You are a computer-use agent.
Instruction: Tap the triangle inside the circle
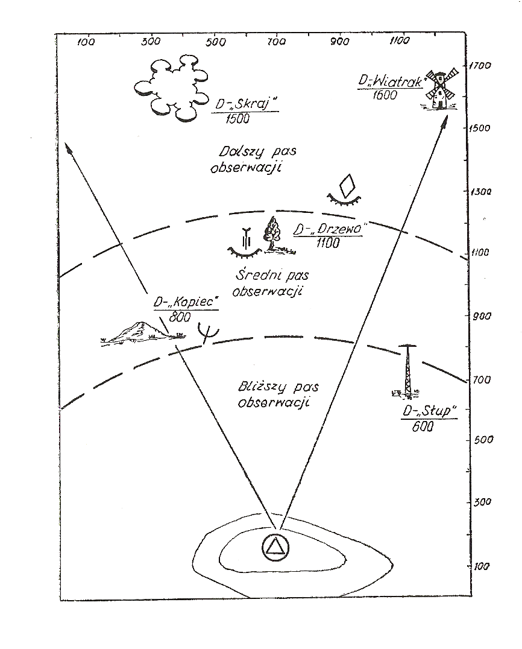point(275,546)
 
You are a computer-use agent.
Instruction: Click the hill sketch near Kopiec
point(139,332)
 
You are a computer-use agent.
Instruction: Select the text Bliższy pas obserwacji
point(278,394)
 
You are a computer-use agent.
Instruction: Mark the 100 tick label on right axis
point(480,566)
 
